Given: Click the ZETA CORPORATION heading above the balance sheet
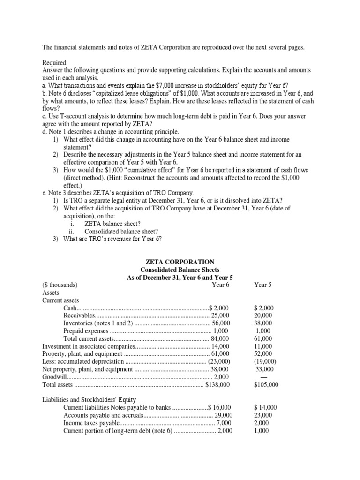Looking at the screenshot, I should click(x=180, y=262).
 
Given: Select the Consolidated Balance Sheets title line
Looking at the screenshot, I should click(x=180, y=270).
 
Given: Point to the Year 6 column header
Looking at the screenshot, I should click(x=219, y=285).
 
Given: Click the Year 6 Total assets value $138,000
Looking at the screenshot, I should click(x=217, y=384).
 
